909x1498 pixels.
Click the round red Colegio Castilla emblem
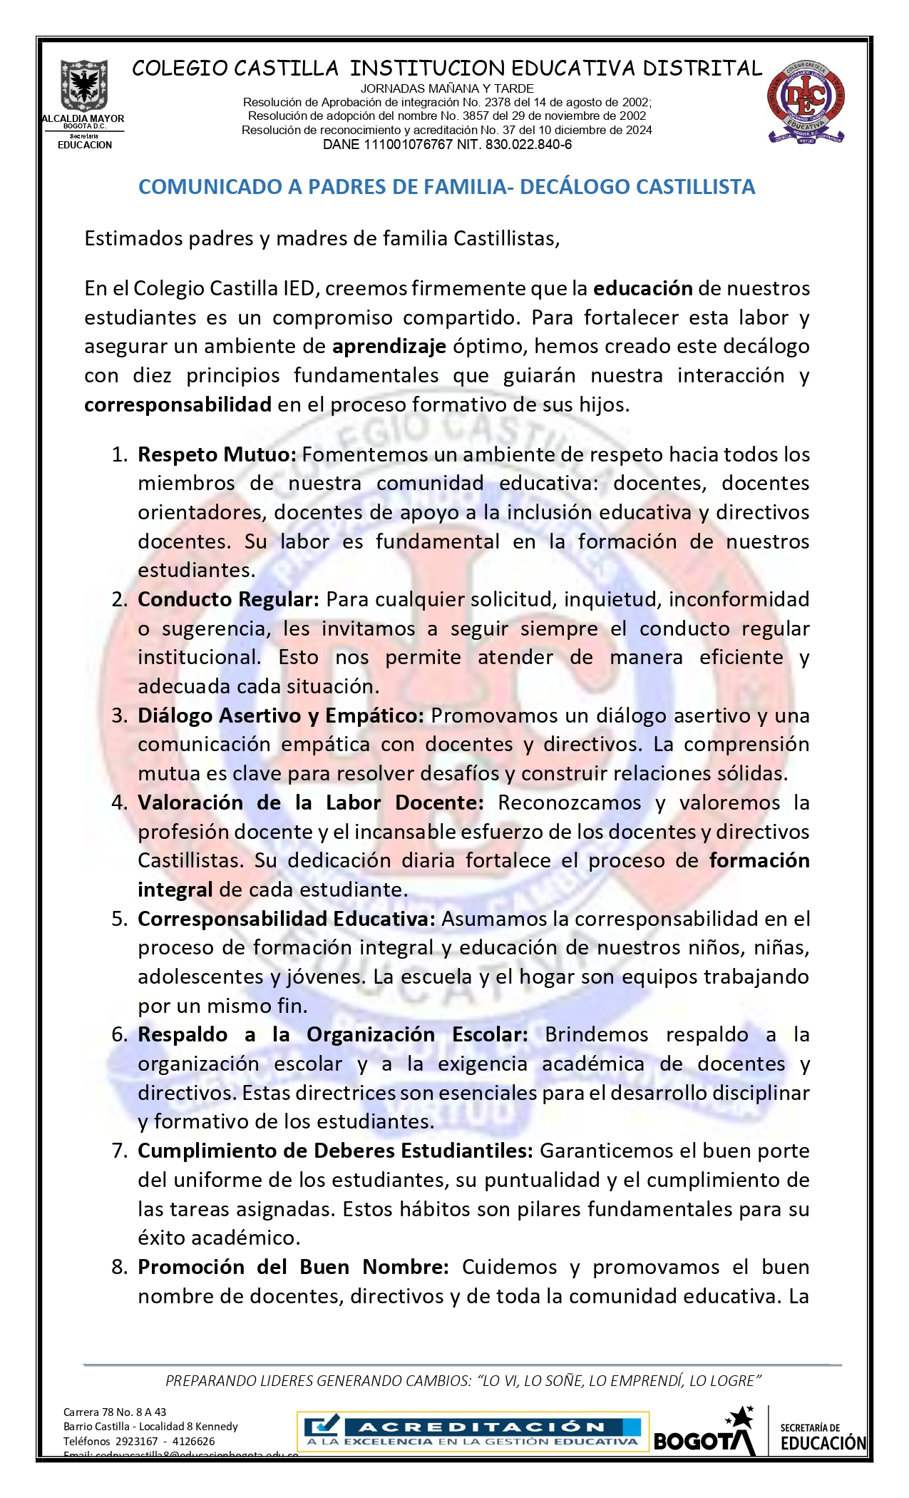[x=805, y=102]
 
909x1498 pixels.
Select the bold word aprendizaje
[x=389, y=347]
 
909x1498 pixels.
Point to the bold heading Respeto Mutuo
[x=216, y=454]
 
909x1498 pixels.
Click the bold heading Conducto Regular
[x=228, y=599]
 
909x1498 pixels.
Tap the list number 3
[x=119, y=715]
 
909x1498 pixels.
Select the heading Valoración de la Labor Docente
[x=310, y=802]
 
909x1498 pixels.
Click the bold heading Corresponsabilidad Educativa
[x=286, y=919]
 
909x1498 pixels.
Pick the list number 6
[x=119, y=1034]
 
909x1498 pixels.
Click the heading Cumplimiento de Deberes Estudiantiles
[x=335, y=1151]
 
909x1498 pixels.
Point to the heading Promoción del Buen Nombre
[x=292, y=1267]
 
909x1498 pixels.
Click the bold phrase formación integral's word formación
[x=759, y=860]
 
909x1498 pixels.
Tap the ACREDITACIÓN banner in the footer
[x=473, y=1432]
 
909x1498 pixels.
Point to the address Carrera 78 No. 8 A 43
[x=115, y=1412]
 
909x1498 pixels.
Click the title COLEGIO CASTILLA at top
[x=235, y=68]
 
